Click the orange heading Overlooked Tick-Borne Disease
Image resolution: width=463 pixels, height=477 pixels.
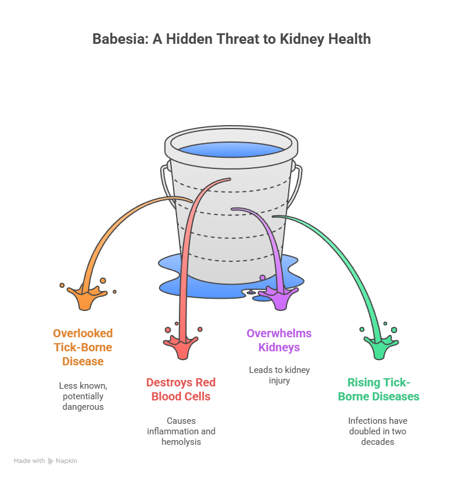(83, 347)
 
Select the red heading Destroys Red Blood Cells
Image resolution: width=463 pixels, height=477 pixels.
(181, 389)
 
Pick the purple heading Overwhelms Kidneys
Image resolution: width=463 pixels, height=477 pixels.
(279, 340)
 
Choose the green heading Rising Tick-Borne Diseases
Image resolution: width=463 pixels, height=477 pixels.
(378, 389)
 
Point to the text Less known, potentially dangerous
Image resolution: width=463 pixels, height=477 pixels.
(83, 396)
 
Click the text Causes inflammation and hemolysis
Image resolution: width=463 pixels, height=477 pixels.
(181, 431)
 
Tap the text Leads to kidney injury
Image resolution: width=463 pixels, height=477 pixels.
(279, 375)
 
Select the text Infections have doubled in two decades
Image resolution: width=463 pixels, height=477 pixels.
(378, 431)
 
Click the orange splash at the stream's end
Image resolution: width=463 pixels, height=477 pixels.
(84, 297)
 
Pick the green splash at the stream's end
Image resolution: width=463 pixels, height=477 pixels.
(379, 346)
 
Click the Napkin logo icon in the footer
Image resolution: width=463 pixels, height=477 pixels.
(51, 461)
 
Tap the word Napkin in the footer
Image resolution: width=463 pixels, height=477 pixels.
(67, 461)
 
